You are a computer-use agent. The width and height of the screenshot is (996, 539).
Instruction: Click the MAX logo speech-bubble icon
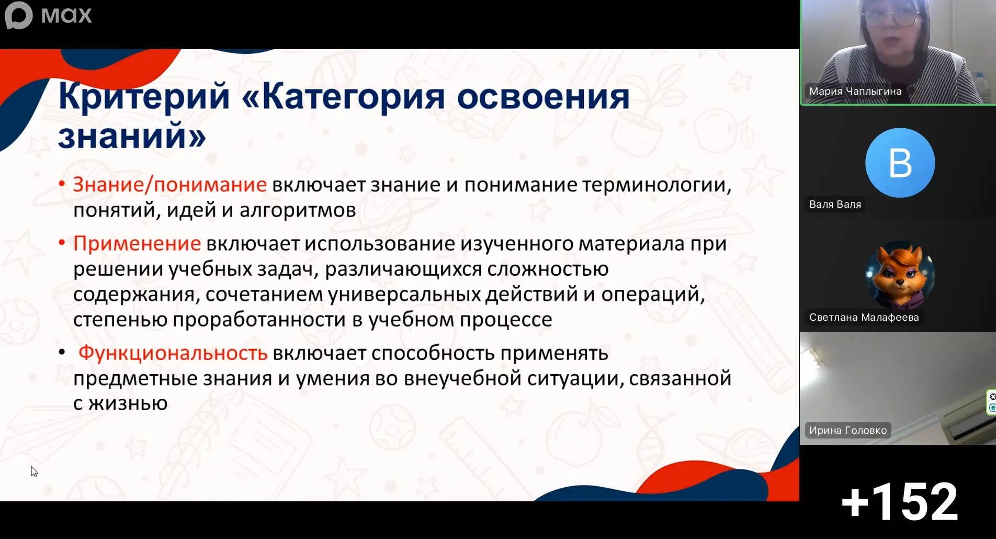(19, 15)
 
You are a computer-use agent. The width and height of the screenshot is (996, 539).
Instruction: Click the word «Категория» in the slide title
(353, 96)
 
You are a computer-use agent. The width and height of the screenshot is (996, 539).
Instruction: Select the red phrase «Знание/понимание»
(170, 185)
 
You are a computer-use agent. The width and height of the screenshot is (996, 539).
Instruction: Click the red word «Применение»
(137, 244)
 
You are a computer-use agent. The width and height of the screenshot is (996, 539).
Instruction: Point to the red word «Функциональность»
(173, 353)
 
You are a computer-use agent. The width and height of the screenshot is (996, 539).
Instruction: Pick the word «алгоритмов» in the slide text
(298, 210)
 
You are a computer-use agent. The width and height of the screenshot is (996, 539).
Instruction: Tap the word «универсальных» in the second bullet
(404, 294)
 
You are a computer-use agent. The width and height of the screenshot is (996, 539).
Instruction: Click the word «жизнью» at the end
(128, 403)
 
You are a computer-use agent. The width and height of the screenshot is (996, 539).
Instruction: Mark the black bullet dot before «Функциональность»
(62, 352)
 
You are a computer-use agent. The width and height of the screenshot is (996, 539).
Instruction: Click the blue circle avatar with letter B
(900, 163)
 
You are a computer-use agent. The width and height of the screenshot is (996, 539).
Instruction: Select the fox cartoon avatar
(900, 275)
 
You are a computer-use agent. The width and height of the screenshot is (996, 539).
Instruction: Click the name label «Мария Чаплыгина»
(855, 91)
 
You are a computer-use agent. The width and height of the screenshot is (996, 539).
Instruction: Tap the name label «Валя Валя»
(835, 204)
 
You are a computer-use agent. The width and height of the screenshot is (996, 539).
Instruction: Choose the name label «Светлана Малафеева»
(864, 317)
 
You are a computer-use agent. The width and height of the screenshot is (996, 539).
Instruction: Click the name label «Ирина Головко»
(848, 430)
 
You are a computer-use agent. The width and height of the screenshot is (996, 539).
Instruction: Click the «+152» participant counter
(900, 502)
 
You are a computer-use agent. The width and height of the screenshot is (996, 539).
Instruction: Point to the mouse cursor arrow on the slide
(34, 471)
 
